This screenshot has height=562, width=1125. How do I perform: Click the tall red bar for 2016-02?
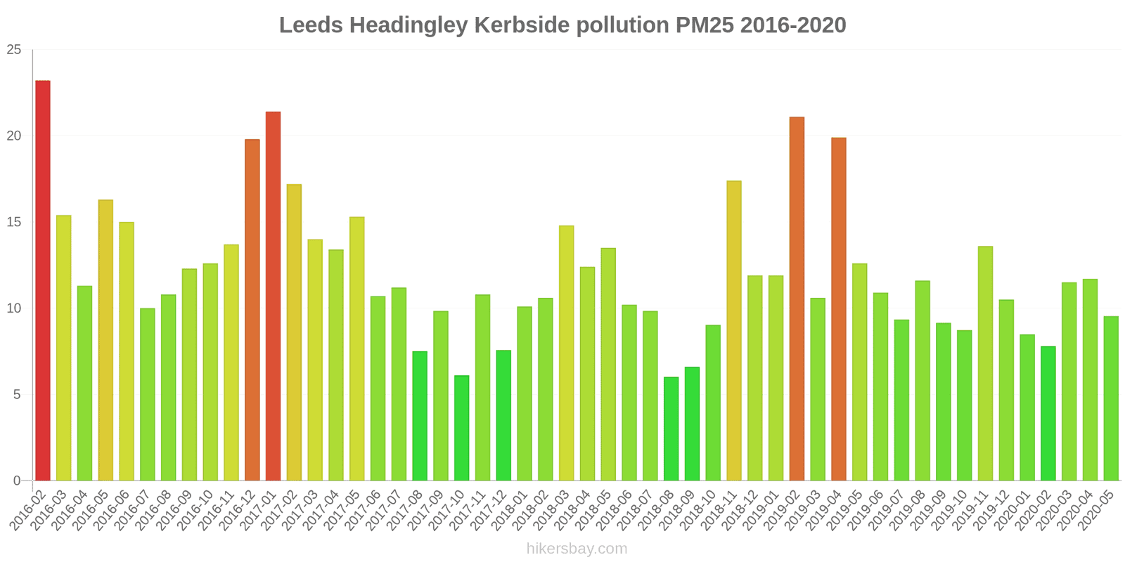coord(43,281)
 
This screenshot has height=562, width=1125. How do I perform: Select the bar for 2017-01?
coord(273,296)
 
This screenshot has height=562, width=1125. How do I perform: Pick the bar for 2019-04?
coord(839,309)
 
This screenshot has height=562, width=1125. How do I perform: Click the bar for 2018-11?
coord(734,331)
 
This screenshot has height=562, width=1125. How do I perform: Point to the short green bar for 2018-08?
coord(671,429)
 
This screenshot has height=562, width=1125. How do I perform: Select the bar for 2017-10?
coord(462,428)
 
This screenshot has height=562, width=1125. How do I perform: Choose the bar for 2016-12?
coord(252,310)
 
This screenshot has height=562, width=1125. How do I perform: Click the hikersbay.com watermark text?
coord(577,549)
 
